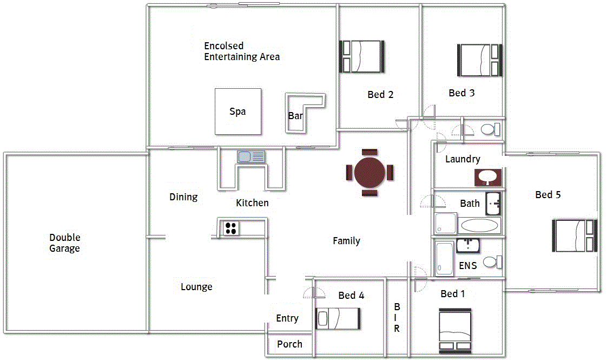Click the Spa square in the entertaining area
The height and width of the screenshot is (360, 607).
(x=238, y=112)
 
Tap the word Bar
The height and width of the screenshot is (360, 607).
(x=295, y=115)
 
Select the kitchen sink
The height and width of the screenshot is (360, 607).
(x=251, y=157)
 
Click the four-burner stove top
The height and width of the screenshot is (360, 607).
(x=230, y=228)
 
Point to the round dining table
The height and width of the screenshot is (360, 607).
(x=370, y=173)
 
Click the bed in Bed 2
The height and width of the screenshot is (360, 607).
(x=362, y=57)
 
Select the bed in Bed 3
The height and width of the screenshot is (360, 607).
(x=480, y=60)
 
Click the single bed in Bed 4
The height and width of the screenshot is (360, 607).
(x=338, y=318)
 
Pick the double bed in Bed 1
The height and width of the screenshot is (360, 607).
(x=456, y=331)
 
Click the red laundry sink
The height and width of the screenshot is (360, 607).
(x=488, y=178)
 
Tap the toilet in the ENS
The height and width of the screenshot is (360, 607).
(x=492, y=262)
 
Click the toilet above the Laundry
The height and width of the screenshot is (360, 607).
(x=491, y=129)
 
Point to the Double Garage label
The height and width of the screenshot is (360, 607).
(x=64, y=243)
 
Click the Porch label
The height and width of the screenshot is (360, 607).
(x=289, y=344)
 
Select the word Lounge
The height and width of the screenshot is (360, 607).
(x=197, y=287)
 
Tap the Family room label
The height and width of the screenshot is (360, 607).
(x=346, y=241)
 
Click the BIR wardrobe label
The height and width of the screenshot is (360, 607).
(x=397, y=318)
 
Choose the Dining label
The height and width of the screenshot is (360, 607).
(x=183, y=197)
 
